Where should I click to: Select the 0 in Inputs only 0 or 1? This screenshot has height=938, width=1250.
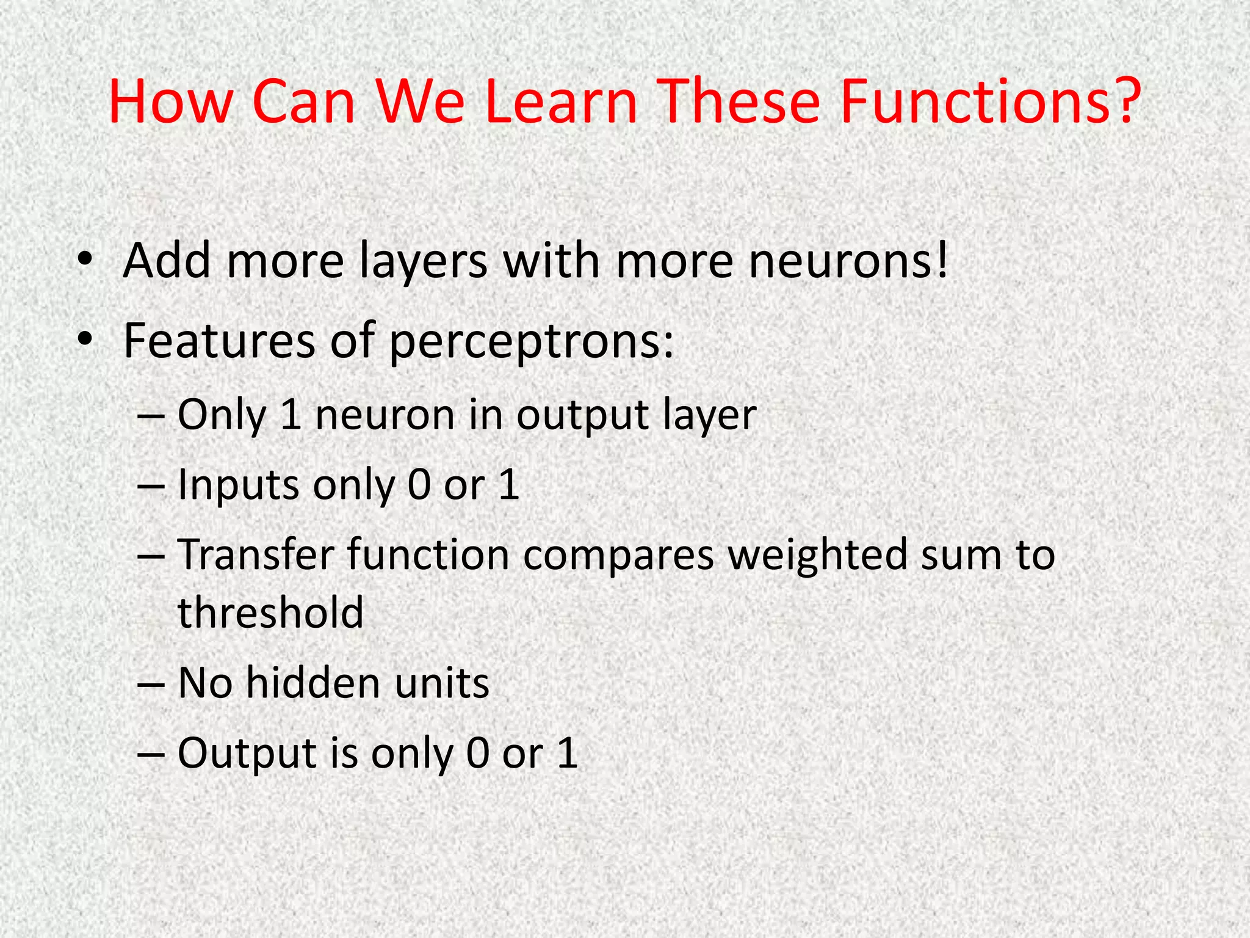419,485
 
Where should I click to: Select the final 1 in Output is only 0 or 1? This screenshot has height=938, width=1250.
567,753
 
